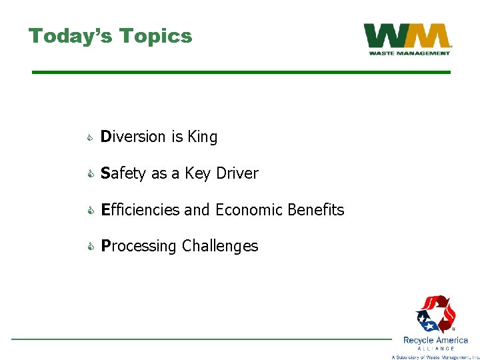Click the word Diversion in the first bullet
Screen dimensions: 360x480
(x=133, y=137)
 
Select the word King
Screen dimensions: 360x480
(x=202, y=137)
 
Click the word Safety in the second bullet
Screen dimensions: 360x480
(x=124, y=173)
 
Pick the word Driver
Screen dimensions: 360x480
(x=237, y=173)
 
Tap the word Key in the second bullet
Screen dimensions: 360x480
(x=198, y=173)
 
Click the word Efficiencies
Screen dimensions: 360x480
(x=140, y=210)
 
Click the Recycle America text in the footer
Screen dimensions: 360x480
(x=435, y=340)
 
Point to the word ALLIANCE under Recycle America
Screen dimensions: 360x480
(x=435, y=348)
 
